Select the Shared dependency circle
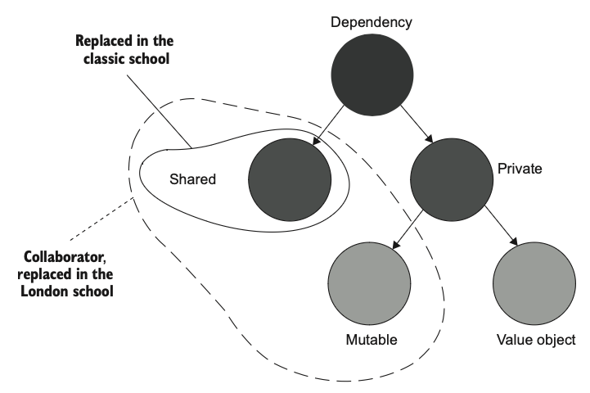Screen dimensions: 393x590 point(290,177)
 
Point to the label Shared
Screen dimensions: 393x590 point(193,178)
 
